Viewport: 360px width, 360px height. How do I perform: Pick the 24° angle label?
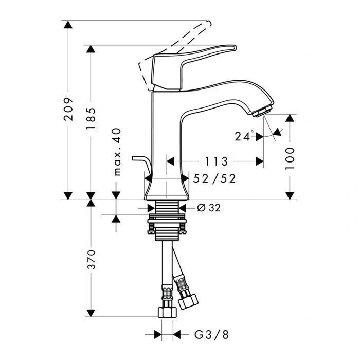coord(244,136)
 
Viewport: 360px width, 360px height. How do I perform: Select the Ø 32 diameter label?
coord(209,208)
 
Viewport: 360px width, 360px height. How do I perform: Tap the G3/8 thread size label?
coord(211,335)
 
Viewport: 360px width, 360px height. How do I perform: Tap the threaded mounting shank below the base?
coord(167,208)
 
